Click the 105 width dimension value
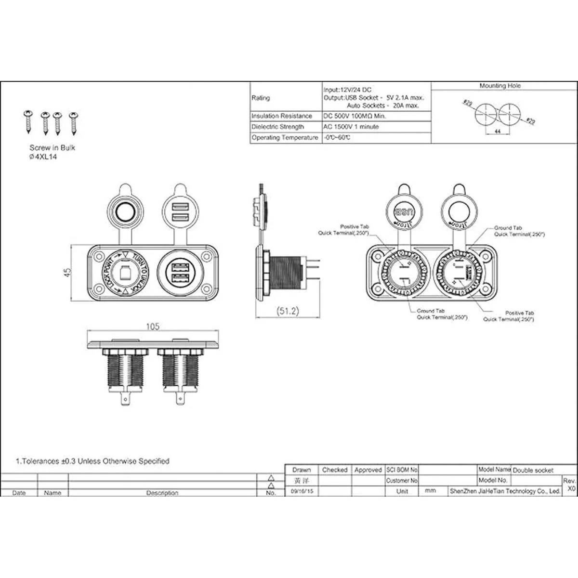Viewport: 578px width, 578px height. click(152, 327)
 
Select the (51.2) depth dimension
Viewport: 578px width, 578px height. click(288, 311)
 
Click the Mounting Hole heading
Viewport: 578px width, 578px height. click(500, 86)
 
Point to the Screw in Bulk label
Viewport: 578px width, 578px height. click(52, 148)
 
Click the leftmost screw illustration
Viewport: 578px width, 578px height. click(28, 121)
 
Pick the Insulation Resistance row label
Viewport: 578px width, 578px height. click(282, 116)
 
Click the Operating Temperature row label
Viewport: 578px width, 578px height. click(285, 138)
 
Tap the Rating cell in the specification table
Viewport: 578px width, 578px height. click(261, 98)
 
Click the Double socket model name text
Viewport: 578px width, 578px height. click(533, 470)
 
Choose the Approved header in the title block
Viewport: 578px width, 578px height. click(368, 470)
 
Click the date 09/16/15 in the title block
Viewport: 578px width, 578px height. click(302, 491)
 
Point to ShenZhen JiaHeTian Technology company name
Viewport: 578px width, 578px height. click(505, 491)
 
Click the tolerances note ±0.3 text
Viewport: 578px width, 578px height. click(92, 461)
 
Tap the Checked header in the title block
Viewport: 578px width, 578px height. click(335, 470)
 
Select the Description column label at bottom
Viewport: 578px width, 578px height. click(162, 493)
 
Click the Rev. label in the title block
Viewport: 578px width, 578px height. click(569, 481)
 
